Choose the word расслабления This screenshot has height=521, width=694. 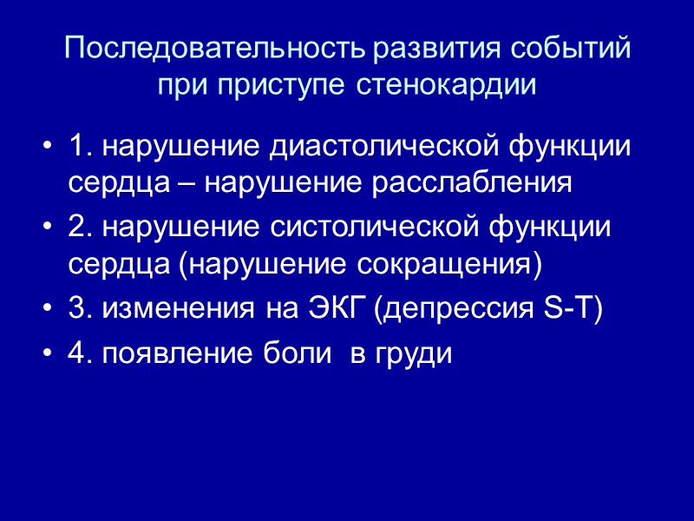486,184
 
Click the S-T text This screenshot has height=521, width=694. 564,310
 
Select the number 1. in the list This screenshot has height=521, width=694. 79,148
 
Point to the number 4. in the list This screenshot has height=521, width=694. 80,355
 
